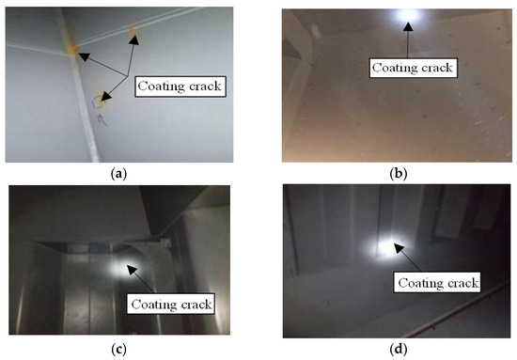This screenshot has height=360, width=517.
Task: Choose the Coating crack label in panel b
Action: pos(413,67)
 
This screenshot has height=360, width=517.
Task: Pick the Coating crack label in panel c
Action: pos(170,304)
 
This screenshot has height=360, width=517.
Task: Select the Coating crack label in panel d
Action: pos(439,282)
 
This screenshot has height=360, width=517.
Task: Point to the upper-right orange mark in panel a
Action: pos(133,35)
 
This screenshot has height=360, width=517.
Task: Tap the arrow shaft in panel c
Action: pos(142,281)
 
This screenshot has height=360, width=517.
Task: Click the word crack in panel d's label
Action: pos(462,282)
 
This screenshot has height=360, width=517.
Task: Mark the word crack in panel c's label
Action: pos(193,304)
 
